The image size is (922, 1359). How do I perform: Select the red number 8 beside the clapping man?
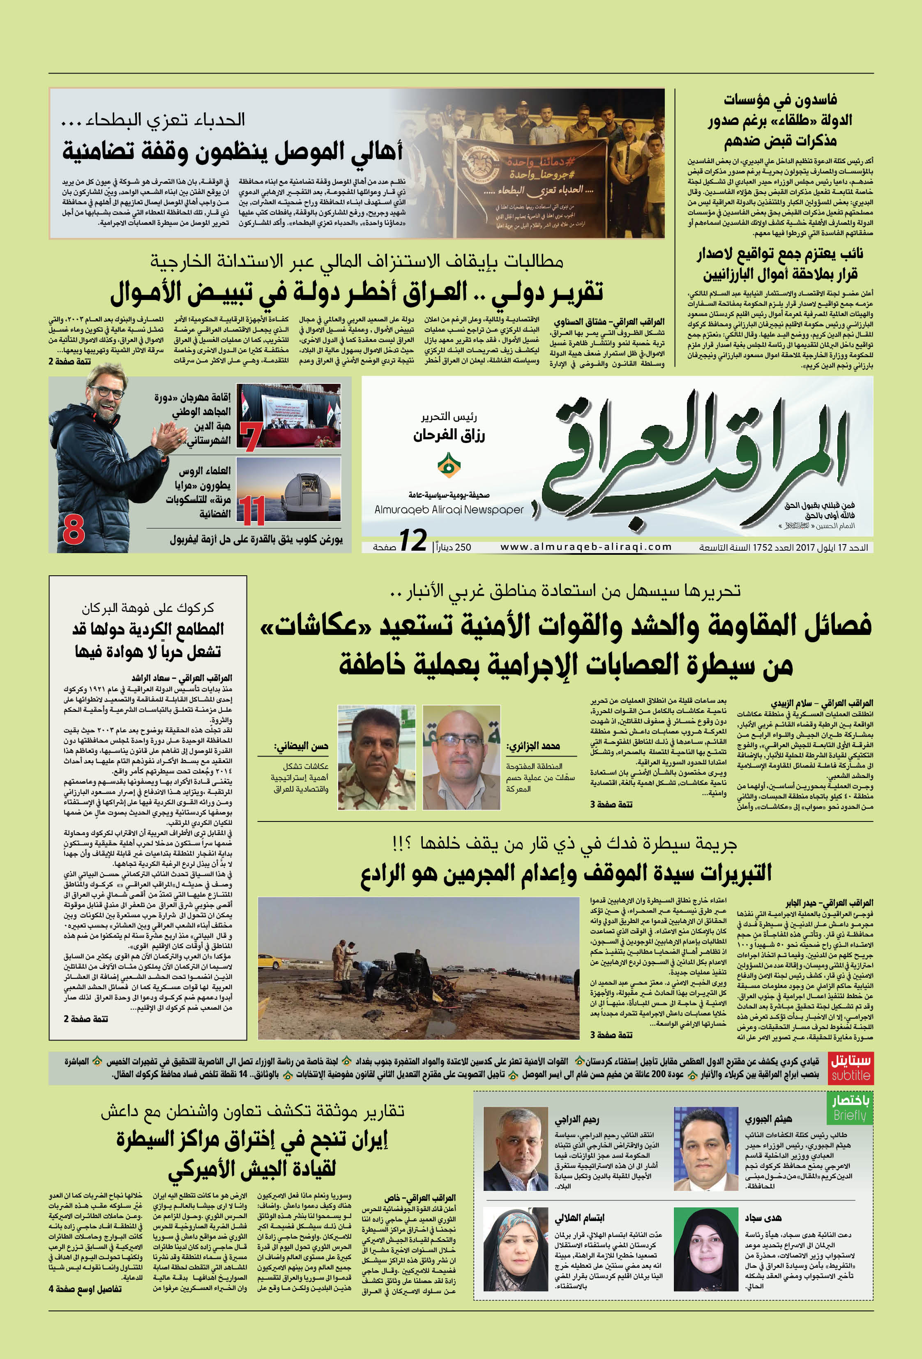(x=74, y=530)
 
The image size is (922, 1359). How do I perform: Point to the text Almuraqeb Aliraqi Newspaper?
(x=449, y=509)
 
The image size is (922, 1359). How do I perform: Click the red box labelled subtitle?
(x=851, y=1068)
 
